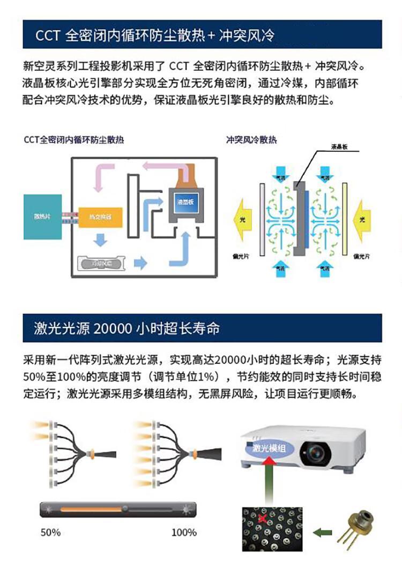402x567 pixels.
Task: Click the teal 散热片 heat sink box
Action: tap(42, 217)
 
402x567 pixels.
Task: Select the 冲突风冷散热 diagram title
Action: tap(251, 140)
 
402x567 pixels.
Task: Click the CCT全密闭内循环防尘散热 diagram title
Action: tap(74, 140)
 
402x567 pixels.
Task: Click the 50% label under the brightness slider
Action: tap(50, 533)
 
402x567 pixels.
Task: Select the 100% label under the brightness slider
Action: tap(184, 533)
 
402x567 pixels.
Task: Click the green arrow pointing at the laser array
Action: tap(321, 532)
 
